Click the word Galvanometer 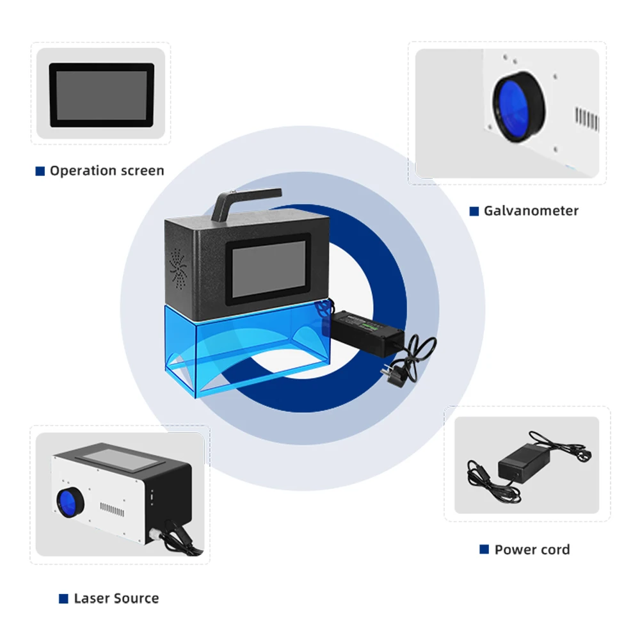[531, 211]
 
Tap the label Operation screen [107, 171]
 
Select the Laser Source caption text [116, 598]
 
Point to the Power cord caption [532, 549]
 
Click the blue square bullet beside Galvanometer [474, 211]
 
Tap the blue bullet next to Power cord [484, 549]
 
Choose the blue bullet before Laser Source [63, 599]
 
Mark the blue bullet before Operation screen [40, 171]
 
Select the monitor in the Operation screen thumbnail [102, 93]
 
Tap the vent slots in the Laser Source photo [111, 511]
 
